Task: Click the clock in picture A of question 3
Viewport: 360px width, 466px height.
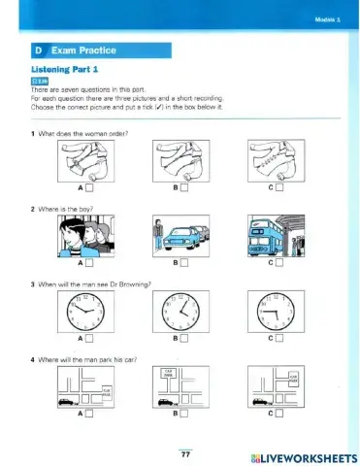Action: pyautogui.click(x=82, y=312)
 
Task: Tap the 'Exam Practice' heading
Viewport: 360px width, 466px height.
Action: pyautogui.click(x=71, y=47)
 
